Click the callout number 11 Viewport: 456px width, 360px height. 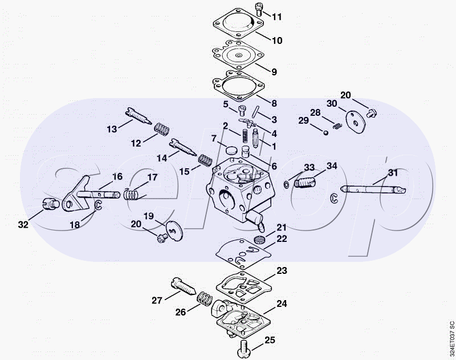point(277,17)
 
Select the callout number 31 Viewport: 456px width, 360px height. point(393,172)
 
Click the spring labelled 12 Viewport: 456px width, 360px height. point(161,130)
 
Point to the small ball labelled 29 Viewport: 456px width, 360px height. point(326,133)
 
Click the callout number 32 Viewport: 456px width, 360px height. point(23,224)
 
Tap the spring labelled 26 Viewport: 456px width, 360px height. point(205,300)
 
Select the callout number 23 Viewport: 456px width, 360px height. point(282,270)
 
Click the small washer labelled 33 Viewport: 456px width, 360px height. point(286,184)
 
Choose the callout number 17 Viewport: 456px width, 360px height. point(152,177)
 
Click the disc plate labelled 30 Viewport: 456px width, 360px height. point(356,122)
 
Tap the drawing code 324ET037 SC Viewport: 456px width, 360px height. point(451,338)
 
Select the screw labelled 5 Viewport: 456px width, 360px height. point(242,111)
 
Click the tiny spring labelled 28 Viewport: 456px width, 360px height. point(337,126)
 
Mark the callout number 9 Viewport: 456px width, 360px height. point(274,72)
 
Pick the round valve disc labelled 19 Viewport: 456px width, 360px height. point(175,230)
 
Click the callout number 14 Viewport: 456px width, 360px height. point(162,158)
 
